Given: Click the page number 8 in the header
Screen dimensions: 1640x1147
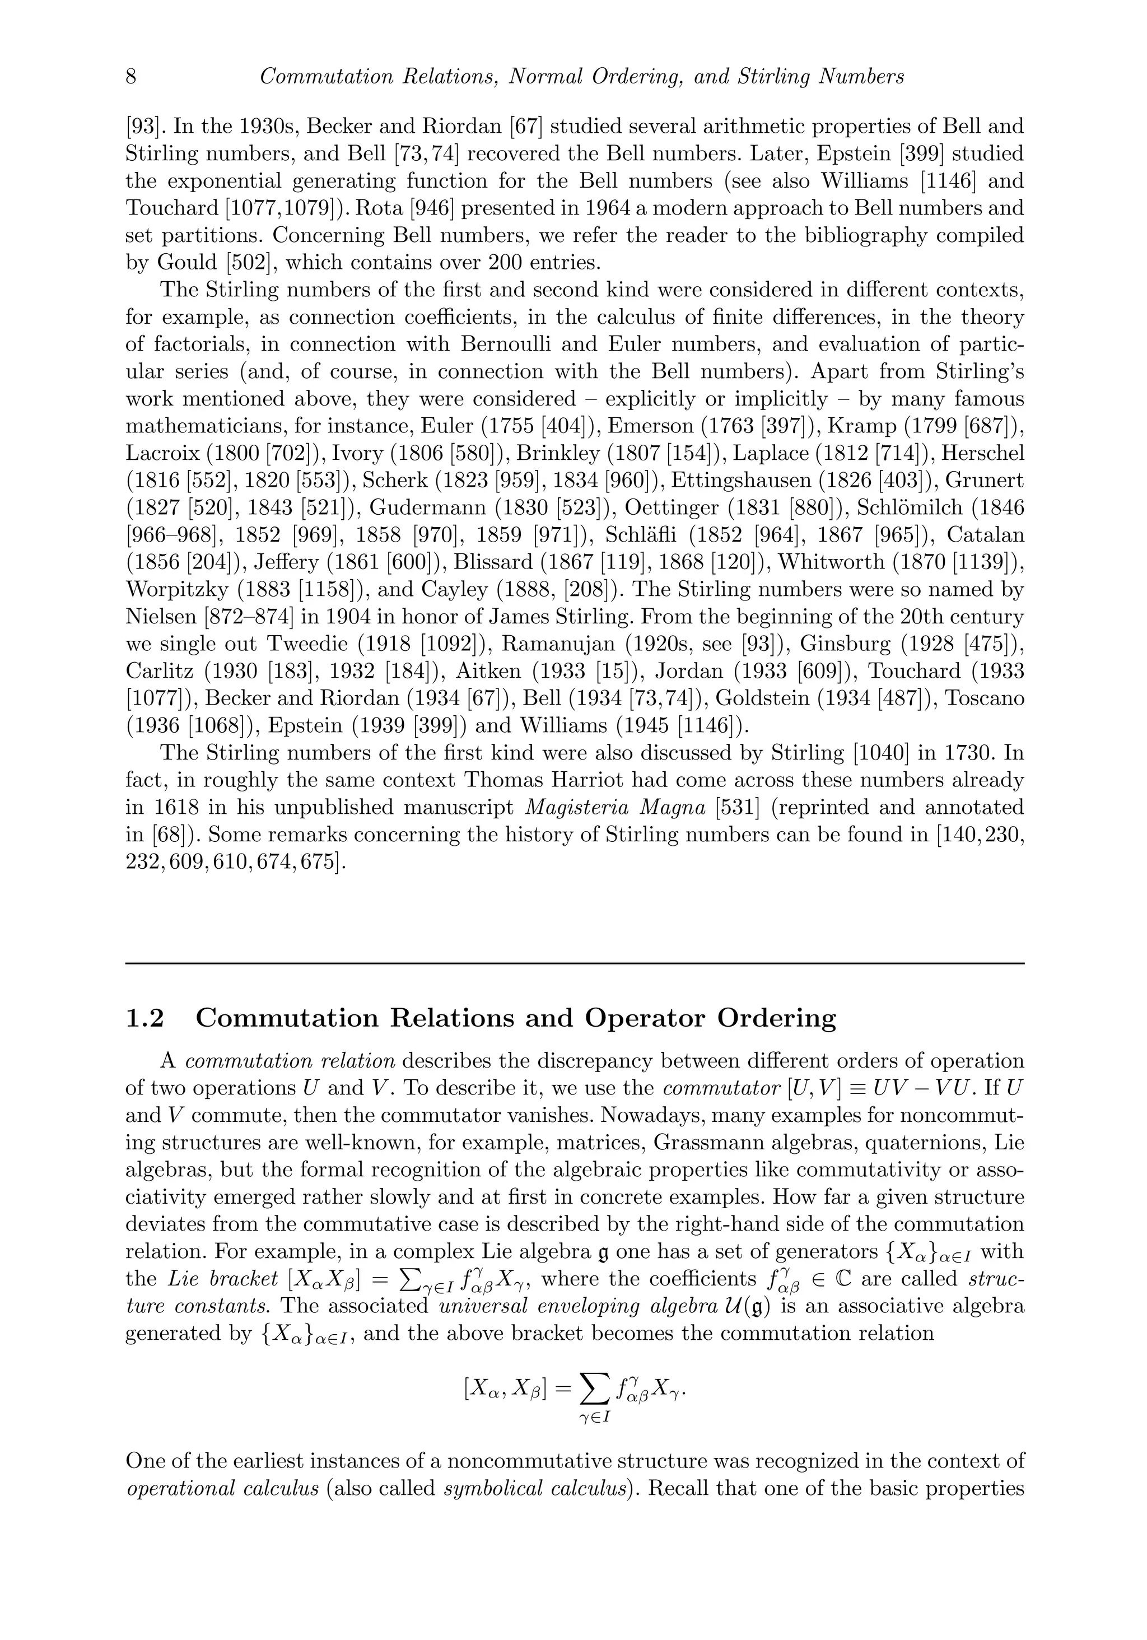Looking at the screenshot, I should (x=130, y=76).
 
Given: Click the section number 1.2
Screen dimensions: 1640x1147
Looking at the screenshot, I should (x=144, y=1018).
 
